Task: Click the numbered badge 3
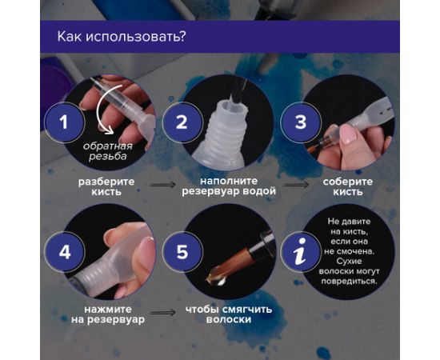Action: tap(301, 122)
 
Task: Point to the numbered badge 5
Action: tap(182, 253)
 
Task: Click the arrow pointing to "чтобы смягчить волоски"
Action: tap(165, 311)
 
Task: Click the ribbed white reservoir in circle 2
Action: tap(221, 136)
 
